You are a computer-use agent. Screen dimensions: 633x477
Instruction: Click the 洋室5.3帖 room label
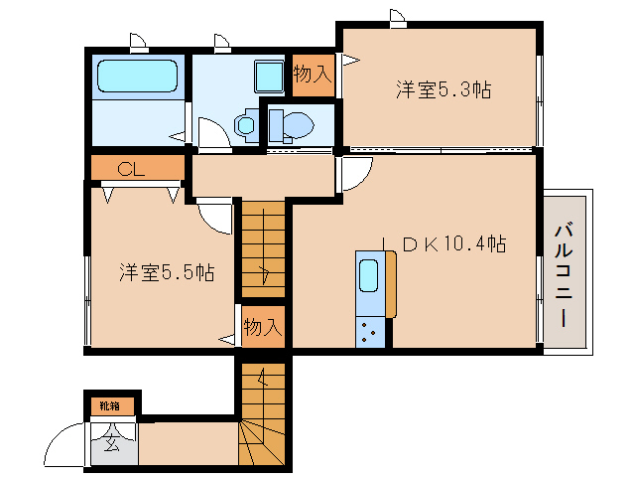[x=443, y=89]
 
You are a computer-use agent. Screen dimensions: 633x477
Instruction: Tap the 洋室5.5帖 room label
[x=167, y=272]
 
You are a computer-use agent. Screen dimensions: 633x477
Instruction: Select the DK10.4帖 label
[x=454, y=243]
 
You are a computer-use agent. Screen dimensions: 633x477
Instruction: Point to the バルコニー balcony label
[x=564, y=275]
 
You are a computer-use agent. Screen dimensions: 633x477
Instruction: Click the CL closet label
[x=131, y=169]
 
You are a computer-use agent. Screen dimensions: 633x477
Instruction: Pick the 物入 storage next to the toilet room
[x=313, y=75]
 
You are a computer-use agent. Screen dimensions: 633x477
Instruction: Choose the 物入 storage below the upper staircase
[x=263, y=327]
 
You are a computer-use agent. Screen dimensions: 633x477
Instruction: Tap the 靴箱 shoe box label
[x=110, y=405]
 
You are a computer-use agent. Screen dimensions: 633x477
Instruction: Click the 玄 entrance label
[x=112, y=443]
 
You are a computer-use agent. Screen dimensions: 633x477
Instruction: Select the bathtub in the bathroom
[x=137, y=76]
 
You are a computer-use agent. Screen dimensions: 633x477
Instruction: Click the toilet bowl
[x=298, y=123]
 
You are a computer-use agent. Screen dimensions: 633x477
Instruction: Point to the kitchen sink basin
[x=368, y=275]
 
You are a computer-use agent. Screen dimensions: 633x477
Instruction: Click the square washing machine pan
[x=269, y=76]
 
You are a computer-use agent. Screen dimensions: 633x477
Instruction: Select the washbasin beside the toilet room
[x=246, y=124]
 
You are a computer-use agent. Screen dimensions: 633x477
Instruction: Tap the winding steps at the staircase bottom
[x=262, y=443]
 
